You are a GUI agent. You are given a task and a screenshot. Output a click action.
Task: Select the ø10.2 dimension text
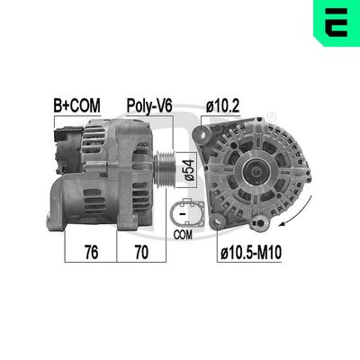222,106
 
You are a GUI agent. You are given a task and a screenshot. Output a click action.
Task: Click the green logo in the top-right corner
336,23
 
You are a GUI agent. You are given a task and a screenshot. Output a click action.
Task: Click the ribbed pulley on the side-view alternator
165,166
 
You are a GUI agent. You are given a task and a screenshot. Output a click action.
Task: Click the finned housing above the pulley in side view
135,135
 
